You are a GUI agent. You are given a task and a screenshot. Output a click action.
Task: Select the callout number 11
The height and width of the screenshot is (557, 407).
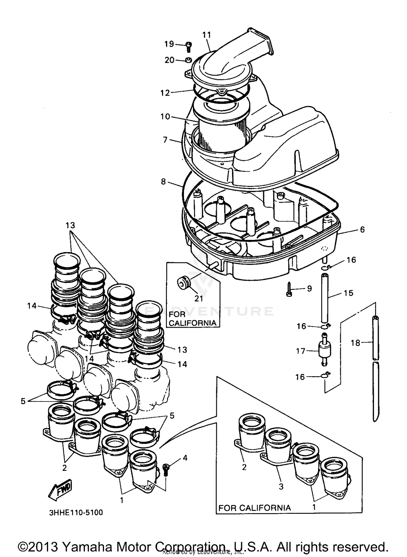(206, 35)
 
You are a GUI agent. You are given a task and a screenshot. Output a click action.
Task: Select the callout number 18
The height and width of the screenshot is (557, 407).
(355, 343)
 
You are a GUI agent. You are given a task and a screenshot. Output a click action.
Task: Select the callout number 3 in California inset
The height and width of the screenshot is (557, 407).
(281, 486)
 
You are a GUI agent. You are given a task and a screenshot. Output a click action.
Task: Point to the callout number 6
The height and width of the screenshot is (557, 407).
(362, 230)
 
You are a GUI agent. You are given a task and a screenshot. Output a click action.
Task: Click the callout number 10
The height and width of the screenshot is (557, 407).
(165, 117)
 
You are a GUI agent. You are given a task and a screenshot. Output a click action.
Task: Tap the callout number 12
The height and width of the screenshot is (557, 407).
(165, 93)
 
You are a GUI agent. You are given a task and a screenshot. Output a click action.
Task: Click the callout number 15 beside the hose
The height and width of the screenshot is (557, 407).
(348, 293)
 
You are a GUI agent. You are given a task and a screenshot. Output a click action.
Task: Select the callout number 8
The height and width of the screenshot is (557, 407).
(163, 182)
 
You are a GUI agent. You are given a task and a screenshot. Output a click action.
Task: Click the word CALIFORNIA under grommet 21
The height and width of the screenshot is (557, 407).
(192, 323)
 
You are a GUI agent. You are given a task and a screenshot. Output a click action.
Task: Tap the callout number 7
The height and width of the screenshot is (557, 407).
(165, 140)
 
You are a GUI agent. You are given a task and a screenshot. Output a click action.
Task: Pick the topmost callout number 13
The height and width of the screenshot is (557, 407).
(70, 225)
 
